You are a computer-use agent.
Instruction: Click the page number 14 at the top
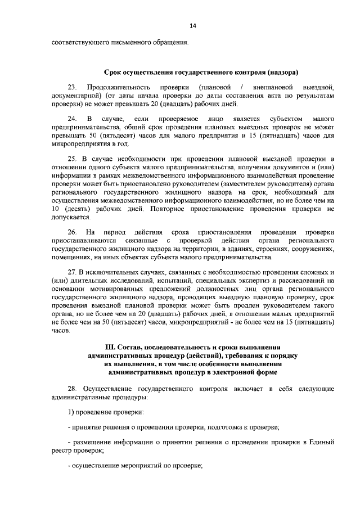point(192,26)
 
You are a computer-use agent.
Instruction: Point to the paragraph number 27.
point(72,272)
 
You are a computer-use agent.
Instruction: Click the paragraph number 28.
point(72,389)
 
